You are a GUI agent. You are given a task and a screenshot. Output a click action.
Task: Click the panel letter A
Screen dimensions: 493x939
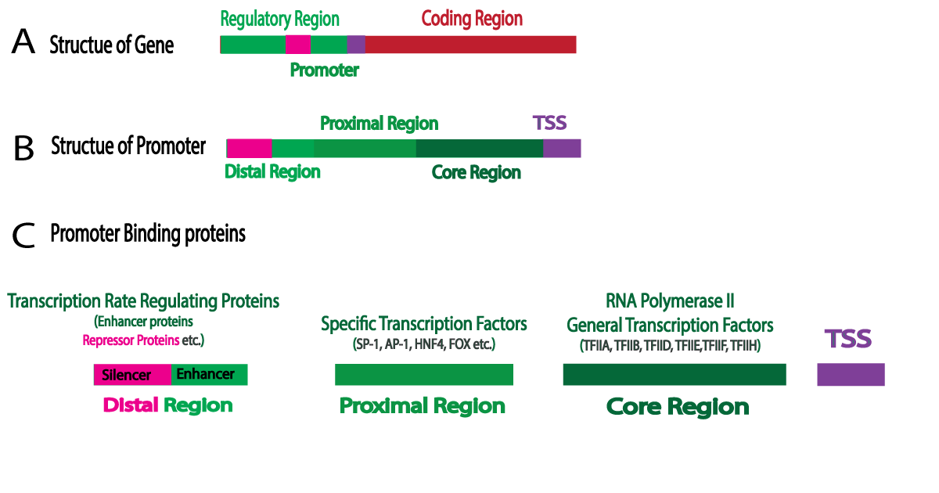coord(23,42)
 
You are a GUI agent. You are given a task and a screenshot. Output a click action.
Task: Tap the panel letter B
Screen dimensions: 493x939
coord(23,147)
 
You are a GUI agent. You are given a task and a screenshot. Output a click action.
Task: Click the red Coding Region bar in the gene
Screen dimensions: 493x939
coord(470,45)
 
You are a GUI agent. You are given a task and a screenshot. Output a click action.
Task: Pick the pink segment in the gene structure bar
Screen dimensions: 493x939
coord(298,45)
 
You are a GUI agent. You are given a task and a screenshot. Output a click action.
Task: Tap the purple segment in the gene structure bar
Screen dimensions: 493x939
coord(356,45)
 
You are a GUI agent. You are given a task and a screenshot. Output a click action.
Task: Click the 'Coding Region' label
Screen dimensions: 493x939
coord(472,18)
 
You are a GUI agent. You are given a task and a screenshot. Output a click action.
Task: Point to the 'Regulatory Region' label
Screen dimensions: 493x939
coord(280,19)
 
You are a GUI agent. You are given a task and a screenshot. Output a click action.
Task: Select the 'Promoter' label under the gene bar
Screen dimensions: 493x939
coord(324,70)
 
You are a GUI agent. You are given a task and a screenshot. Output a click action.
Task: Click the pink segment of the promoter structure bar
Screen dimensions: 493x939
coord(250,148)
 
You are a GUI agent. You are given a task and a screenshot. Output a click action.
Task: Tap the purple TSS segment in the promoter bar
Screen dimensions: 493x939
coord(562,148)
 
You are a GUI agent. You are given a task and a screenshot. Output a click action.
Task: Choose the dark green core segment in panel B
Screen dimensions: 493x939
coord(479,148)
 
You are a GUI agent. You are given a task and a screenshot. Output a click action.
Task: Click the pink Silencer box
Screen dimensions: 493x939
coord(132,375)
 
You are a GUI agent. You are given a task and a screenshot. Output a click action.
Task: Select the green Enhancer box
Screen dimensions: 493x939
coord(209,375)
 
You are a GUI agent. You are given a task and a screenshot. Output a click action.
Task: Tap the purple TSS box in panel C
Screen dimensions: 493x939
coord(851,375)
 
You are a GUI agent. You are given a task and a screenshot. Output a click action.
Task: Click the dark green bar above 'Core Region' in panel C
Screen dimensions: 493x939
coord(674,375)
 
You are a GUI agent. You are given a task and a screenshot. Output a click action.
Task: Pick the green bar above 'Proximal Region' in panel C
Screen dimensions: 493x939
coord(423,375)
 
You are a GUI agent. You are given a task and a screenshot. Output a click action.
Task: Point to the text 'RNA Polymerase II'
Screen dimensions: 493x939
coord(670,300)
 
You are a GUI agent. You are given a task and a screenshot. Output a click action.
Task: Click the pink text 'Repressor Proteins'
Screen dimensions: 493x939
coord(128,340)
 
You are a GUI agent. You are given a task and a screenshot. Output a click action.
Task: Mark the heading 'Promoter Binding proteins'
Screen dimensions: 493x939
coord(148,233)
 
